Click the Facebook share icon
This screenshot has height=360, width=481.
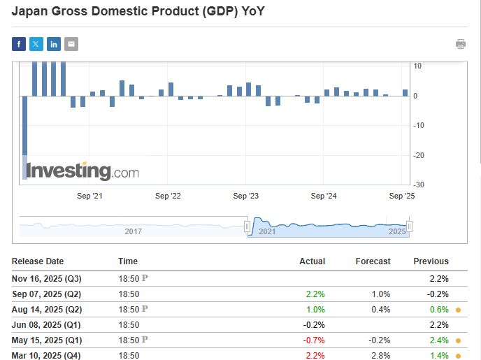tap(19, 45)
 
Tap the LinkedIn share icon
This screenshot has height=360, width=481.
tap(54, 45)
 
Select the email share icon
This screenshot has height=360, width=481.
tap(71, 45)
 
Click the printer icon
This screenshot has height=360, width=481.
tap(461, 44)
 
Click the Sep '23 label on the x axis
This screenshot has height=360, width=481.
tap(246, 196)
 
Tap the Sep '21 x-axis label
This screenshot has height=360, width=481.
tap(89, 196)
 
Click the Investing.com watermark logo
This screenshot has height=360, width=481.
tap(82, 171)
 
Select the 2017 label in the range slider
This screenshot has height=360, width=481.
tap(133, 231)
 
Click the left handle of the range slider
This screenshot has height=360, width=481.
tap(247, 226)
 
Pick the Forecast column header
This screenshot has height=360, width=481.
tap(373, 261)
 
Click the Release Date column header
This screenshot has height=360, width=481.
tap(38, 261)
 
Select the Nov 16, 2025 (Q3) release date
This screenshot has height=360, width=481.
tap(47, 278)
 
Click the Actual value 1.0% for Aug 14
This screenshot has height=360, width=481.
tap(316, 309)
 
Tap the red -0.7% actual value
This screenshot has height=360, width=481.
tap(314, 340)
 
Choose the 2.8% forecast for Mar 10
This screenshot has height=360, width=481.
tap(381, 357)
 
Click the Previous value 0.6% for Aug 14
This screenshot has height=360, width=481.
tap(439, 309)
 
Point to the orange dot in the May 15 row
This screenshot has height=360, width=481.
tap(458, 341)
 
